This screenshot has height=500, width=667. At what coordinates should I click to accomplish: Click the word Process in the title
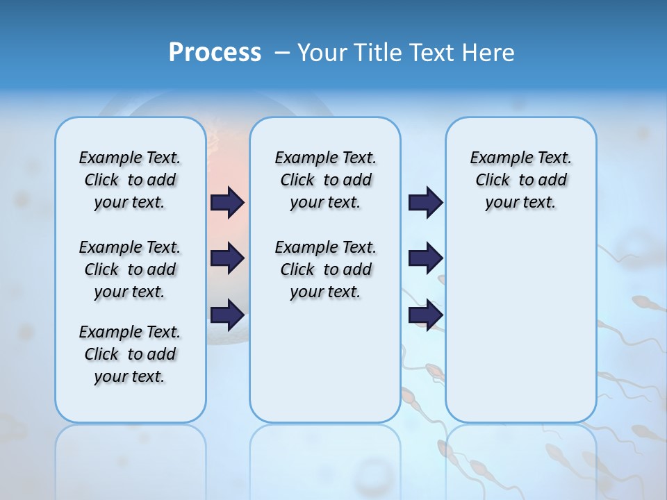pyautogui.click(x=215, y=53)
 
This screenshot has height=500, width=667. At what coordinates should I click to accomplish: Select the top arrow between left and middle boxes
pyautogui.click(x=227, y=202)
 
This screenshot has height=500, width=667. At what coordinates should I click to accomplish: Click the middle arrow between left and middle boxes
pyautogui.click(x=227, y=258)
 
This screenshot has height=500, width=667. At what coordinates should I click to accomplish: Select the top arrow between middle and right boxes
pyautogui.click(x=425, y=202)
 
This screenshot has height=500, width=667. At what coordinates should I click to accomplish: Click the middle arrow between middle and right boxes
pyautogui.click(x=425, y=258)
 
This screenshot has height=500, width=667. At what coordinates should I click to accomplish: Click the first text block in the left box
pyautogui.click(x=130, y=180)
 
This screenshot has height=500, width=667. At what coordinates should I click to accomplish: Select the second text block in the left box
pyautogui.click(x=130, y=269)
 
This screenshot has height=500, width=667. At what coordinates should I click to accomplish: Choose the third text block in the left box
pyautogui.click(x=130, y=354)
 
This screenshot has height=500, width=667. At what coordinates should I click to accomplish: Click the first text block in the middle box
pyautogui.click(x=325, y=180)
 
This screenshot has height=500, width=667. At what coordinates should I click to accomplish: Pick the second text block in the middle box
pyautogui.click(x=325, y=269)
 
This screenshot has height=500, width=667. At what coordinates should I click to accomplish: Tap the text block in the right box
pyautogui.click(x=520, y=180)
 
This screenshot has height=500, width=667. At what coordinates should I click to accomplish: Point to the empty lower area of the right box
pyautogui.click(x=520, y=326)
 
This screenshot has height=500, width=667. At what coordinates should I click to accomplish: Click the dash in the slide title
pyautogui.click(x=282, y=53)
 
